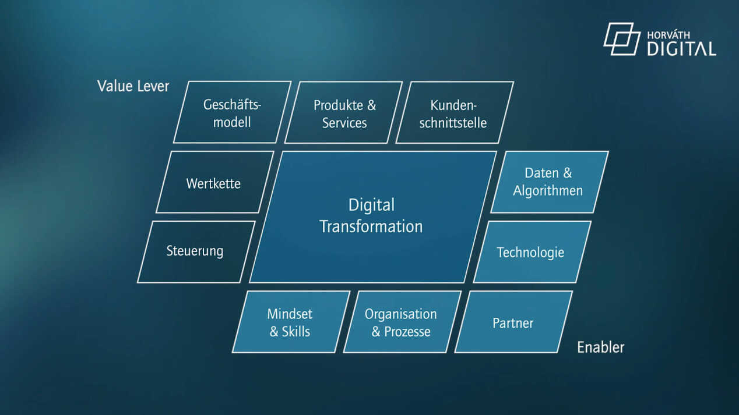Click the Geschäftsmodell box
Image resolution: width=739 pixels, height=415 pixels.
point(233,112)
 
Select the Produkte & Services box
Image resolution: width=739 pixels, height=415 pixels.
point(344,112)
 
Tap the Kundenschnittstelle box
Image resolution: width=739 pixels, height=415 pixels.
point(455,112)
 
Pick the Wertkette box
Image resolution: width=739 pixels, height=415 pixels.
point(215,182)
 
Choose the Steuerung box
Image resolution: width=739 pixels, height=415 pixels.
point(196,252)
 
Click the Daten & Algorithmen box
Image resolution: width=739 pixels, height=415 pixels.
point(550,182)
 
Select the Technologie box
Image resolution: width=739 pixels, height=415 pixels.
point(532,252)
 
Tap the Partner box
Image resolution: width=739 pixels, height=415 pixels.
point(513,322)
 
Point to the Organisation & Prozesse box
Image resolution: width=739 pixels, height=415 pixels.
point(403,322)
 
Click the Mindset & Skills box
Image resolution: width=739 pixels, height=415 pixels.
point(291,322)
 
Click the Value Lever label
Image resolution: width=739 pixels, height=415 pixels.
point(133,86)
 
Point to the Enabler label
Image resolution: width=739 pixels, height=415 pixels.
point(601,347)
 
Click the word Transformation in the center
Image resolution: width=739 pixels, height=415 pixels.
point(371,226)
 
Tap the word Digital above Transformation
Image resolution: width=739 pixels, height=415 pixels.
point(371,205)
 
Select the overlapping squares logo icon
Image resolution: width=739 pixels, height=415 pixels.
point(622,39)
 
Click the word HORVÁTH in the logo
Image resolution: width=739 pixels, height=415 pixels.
point(668,36)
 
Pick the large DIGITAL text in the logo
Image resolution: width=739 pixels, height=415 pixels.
point(682,49)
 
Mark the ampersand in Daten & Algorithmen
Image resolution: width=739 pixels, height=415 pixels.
point(568,173)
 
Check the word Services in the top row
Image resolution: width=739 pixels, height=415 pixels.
point(344,123)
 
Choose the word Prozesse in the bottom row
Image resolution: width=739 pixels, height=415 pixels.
point(407,332)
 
